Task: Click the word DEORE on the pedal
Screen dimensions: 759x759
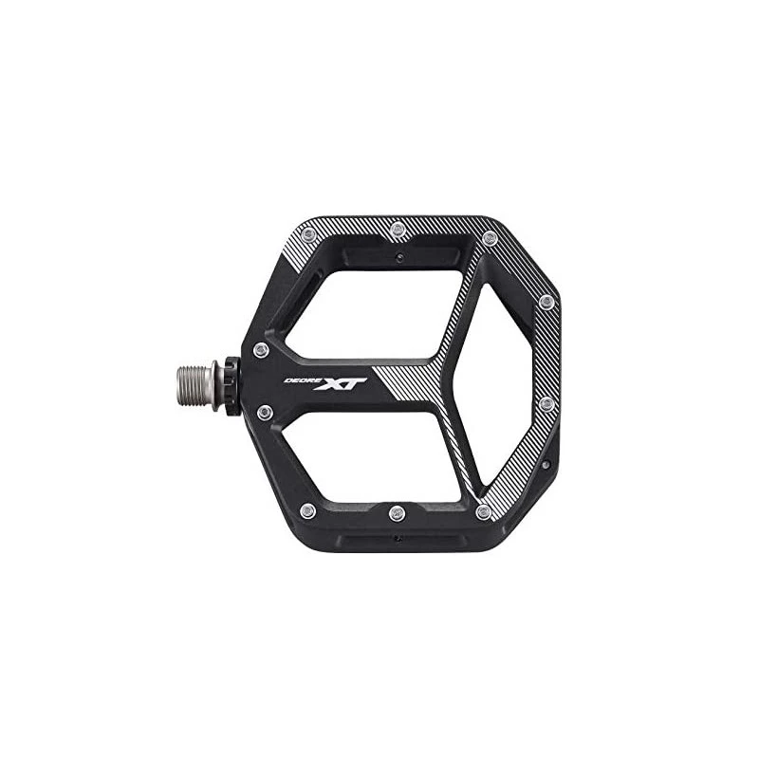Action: [x=299, y=380]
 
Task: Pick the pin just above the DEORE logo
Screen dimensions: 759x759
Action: [x=262, y=349]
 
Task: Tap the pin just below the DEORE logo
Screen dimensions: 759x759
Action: [x=265, y=413]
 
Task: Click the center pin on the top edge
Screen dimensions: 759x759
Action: [x=397, y=229]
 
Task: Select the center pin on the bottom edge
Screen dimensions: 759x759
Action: [x=397, y=512]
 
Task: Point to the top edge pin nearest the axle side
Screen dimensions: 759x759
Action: [x=307, y=236]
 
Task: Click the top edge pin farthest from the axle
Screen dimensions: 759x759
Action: [x=490, y=238]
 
